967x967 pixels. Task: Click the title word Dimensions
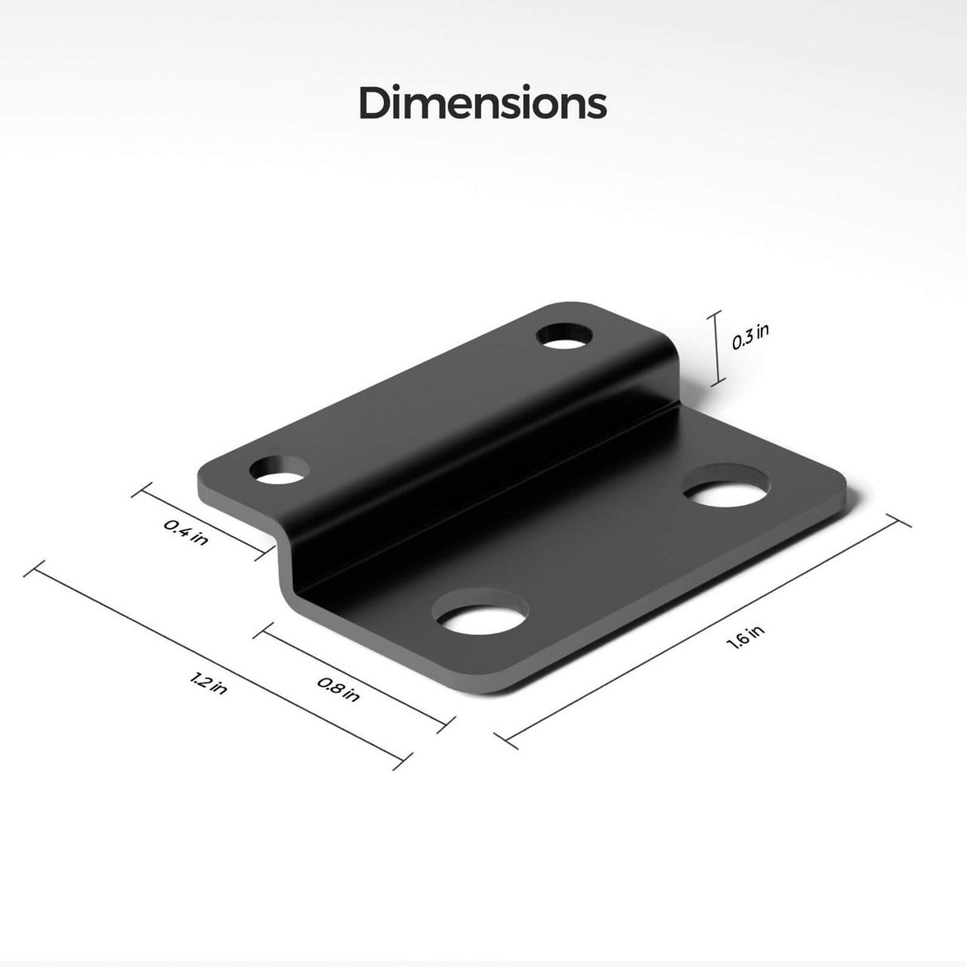click(483, 104)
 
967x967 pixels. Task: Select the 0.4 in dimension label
click(186, 531)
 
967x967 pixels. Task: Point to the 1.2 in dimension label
click(209, 683)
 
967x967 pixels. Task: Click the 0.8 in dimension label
click(338, 688)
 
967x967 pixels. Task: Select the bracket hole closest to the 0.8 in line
click(480, 614)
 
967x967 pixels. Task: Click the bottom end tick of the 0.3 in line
click(717, 383)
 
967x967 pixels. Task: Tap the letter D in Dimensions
click(374, 104)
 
